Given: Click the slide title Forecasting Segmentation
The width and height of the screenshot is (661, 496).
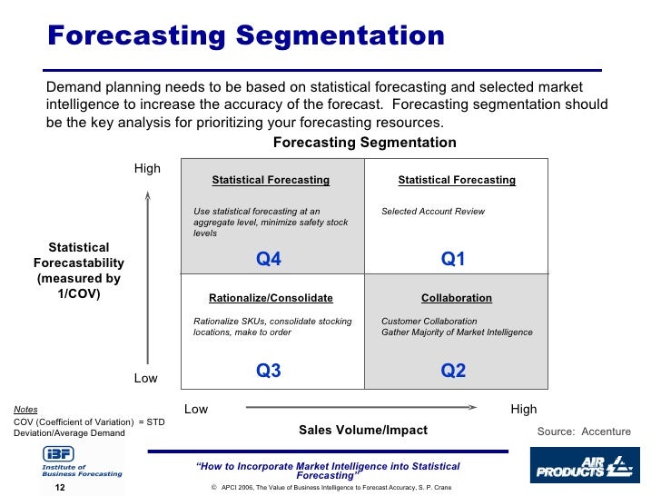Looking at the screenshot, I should point(246,36).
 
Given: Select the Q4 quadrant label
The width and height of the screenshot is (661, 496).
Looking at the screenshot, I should point(269,260).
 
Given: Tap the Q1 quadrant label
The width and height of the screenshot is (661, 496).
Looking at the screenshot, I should point(453,260).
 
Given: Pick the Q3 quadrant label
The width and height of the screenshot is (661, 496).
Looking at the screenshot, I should point(269,371).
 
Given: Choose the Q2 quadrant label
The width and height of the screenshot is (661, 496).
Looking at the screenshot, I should point(453,371).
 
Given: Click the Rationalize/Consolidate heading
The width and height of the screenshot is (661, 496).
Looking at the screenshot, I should point(271,298).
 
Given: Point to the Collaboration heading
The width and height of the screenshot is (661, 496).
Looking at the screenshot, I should point(457,298).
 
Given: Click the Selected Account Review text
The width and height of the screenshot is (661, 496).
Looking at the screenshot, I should point(433,212).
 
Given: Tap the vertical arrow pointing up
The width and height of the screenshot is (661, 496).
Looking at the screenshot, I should point(147,273).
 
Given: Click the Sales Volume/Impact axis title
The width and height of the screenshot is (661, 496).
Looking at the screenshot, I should point(363,430).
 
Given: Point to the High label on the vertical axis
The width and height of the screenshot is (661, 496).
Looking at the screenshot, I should point(147,168).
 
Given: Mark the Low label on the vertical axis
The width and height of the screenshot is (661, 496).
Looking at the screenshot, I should point(146,378).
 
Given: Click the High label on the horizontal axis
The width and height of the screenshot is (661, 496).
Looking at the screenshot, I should point(524,409).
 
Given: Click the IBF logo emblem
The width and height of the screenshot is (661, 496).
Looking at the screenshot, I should point(55,453).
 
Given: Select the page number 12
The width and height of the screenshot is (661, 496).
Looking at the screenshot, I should point(60,487).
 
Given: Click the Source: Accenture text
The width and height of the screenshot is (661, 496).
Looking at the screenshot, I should point(584,432).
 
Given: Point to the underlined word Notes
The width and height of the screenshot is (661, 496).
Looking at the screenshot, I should point(25,410).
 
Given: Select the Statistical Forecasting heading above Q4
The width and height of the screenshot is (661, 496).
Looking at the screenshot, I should point(271,180).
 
